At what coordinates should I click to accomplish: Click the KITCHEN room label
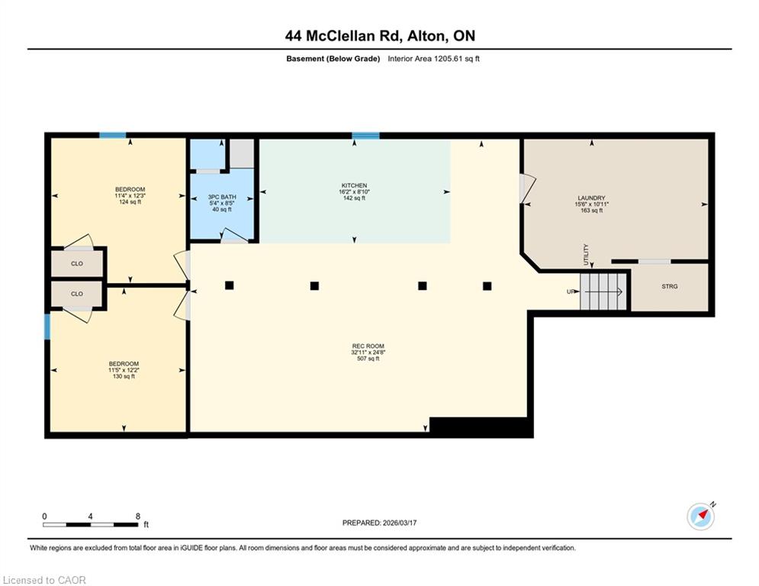click(x=355, y=185)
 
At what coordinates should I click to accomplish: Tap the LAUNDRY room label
click(x=591, y=198)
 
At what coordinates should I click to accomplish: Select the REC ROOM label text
click(x=368, y=346)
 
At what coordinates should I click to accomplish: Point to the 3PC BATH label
click(x=222, y=197)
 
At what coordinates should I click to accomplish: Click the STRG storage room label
click(x=670, y=286)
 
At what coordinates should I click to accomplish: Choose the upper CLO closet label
click(x=77, y=264)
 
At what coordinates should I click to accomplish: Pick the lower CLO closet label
click(x=77, y=294)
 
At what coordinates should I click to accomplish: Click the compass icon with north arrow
click(x=701, y=517)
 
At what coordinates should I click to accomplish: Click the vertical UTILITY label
click(x=586, y=254)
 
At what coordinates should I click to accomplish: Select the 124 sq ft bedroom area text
click(x=130, y=202)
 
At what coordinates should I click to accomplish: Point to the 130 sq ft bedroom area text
click(x=124, y=376)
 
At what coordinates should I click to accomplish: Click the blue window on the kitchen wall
click(x=365, y=136)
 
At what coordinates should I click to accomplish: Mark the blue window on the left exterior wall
click(x=47, y=327)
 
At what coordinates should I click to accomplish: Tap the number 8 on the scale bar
click(x=138, y=517)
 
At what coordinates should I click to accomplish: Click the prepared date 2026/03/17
click(x=400, y=523)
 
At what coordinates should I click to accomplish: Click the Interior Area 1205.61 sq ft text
click(x=434, y=59)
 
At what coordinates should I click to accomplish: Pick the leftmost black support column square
click(x=230, y=285)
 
